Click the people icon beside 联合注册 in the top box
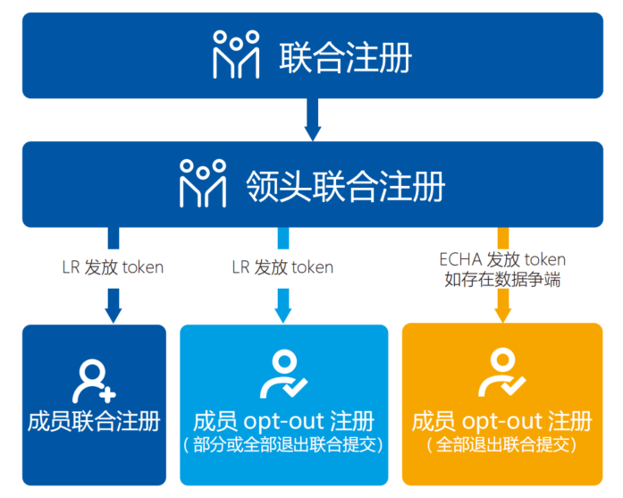tap(236, 55)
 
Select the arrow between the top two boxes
tap(312, 120)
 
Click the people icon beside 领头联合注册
tap(203, 182)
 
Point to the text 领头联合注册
tap(345, 185)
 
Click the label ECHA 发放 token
tap(502, 259)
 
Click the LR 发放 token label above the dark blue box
tap(113, 267)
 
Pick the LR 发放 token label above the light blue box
tap(282, 267)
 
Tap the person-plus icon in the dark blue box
tap(94, 380)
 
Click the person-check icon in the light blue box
tap(283, 375)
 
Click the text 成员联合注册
tap(94, 421)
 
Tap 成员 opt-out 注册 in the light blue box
tap(283, 421)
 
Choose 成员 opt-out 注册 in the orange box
tap(501, 421)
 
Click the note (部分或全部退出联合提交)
tap(283, 444)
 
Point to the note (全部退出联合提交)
tap(501, 444)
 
